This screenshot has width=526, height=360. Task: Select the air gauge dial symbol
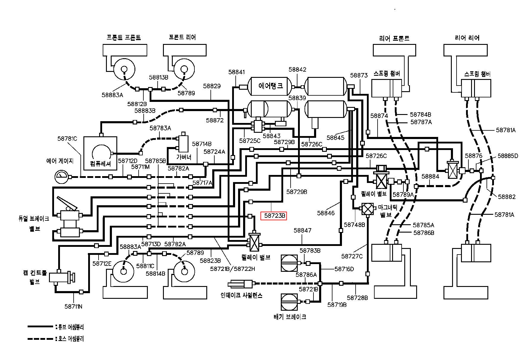(62, 177)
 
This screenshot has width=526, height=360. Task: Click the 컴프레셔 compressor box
(100, 153)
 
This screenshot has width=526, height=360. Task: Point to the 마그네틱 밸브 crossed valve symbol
(368, 209)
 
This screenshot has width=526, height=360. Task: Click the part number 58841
(237, 72)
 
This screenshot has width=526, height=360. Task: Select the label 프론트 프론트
(123, 37)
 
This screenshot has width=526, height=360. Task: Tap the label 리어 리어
(467, 38)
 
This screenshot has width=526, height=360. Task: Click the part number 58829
(212, 86)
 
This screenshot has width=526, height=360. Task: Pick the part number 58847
(302, 230)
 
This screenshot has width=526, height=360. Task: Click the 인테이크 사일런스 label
(241, 296)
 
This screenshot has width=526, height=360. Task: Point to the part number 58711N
(73, 306)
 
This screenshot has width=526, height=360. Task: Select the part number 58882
(507, 197)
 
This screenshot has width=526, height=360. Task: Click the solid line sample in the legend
(40, 326)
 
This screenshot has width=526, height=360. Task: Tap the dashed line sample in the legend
(40, 338)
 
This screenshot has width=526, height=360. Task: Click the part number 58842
(297, 69)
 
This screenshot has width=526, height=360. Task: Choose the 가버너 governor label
(184, 157)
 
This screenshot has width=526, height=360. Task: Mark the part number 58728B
(357, 298)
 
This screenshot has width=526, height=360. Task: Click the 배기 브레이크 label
(290, 317)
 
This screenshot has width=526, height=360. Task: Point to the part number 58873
(359, 75)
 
